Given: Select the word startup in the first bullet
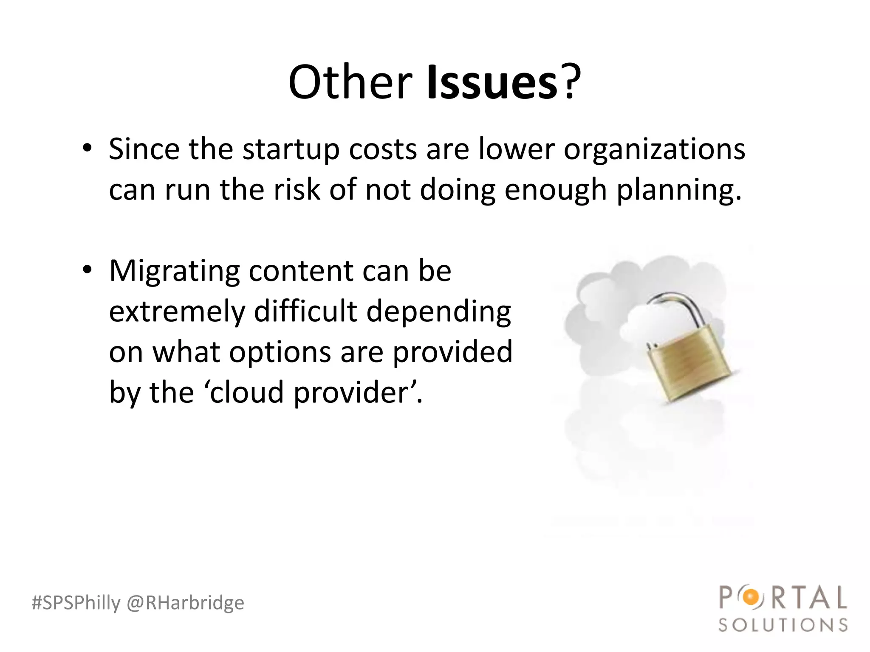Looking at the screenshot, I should click(x=291, y=150).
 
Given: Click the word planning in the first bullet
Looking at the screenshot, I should click(x=678, y=190).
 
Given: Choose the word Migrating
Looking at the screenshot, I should click(x=174, y=272).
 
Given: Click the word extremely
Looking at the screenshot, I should click(x=177, y=312).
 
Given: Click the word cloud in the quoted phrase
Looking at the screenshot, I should click(x=247, y=392).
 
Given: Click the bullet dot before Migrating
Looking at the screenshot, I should click(x=87, y=270).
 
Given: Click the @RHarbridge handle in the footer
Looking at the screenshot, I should click(x=186, y=603).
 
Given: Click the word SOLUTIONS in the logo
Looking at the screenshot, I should click(x=783, y=625).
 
